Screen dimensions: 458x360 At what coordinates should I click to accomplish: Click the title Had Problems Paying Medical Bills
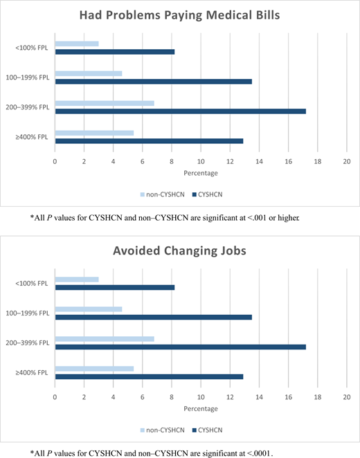180,15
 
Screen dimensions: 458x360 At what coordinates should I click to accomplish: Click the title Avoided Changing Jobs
180,250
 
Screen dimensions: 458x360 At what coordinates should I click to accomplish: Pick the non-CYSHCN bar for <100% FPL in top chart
77,44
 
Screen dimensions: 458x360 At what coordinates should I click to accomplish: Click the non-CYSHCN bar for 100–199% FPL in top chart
89,73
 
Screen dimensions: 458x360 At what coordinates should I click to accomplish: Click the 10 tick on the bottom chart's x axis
201,399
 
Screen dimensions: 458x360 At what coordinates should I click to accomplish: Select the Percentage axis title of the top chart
201,173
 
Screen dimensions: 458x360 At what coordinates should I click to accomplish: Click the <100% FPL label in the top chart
31,48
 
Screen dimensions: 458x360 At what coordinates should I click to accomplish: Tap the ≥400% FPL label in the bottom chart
31,372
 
